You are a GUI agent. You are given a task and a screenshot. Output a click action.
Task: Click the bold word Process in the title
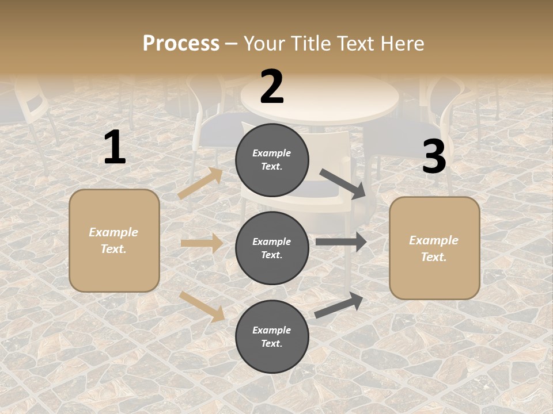181,43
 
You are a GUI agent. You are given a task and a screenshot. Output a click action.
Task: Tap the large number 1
115,147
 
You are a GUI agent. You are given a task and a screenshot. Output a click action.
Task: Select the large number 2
272,87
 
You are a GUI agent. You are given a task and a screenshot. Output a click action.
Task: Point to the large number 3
434,157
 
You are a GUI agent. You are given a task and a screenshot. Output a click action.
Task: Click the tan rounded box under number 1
114,240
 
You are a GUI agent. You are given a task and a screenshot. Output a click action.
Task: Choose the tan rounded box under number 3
434,248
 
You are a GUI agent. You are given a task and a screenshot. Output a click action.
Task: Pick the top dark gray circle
272,160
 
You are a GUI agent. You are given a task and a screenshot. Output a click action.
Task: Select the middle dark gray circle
272,248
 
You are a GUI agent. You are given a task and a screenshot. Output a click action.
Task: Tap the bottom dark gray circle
272,337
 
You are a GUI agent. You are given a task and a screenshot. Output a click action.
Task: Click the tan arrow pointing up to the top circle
200,183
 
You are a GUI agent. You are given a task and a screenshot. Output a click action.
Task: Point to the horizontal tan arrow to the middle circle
202,243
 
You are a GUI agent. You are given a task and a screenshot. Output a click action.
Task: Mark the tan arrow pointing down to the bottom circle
202,306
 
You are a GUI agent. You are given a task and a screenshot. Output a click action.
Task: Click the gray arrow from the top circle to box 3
343,184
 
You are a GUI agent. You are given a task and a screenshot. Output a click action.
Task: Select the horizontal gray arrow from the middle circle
340,242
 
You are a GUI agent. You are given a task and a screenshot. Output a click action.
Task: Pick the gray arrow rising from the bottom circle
339,305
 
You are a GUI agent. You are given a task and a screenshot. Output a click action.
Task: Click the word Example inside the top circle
272,153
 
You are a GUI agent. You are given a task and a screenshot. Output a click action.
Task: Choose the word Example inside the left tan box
113,232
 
